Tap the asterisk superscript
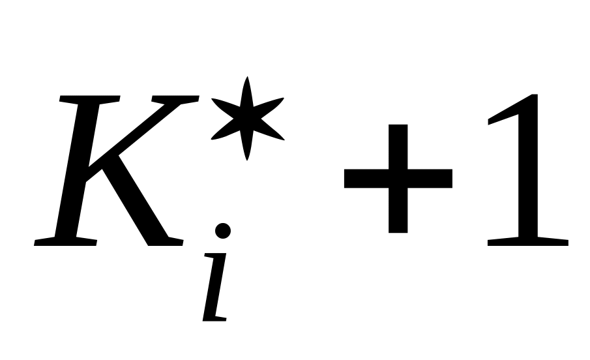(x=246, y=119)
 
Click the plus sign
(x=398, y=178)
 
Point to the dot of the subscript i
(x=222, y=231)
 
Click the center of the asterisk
(x=246, y=119)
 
